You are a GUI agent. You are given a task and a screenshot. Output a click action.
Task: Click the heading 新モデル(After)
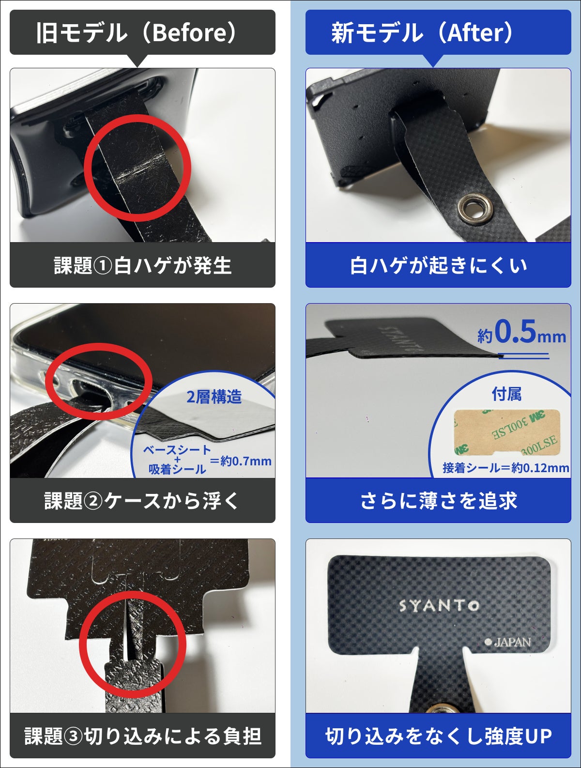tap(422, 33)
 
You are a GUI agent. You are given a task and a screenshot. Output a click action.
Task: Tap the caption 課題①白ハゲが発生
tap(142, 265)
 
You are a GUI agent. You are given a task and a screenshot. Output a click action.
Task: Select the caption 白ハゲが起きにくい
tap(438, 265)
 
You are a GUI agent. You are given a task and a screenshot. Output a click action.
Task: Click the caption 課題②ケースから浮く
tap(142, 501)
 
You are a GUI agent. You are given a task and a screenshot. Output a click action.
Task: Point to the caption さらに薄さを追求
tap(438, 501)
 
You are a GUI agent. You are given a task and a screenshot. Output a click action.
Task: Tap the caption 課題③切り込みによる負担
tap(142, 736)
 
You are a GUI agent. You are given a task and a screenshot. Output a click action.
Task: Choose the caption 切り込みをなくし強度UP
tap(438, 736)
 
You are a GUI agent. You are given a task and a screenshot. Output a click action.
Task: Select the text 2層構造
tap(214, 397)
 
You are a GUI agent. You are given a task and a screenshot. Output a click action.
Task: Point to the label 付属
tap(506, 394)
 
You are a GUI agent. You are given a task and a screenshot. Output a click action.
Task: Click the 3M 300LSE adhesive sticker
tap(506, 432)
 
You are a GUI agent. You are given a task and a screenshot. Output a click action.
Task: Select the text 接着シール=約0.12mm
tap(505, 468)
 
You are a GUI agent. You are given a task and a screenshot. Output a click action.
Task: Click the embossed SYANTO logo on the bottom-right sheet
tap(439, 605)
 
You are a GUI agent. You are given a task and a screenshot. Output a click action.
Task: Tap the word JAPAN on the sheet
tap(512, 643)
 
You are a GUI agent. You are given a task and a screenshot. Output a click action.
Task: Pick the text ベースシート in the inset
tap(177, 450)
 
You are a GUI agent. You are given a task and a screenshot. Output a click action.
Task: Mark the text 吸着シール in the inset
tap(177, 469)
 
